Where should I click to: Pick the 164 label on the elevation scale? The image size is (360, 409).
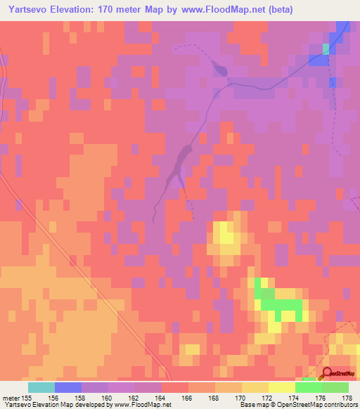pyautogui.click(x=160, y=398)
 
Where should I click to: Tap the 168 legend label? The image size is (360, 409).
pyautogui.click(x=213, y=398)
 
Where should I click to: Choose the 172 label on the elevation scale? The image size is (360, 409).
pyautogui.click(x=266, y=398)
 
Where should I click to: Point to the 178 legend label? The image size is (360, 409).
pyautogui.click(x=347, y=398)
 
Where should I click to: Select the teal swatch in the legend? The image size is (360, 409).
pyautogui.click(x=41, y=387)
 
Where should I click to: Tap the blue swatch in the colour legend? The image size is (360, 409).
pyautogui.click(x=67, y=387)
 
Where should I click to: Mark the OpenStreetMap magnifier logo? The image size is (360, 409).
pyautogui.click(x=327, y=373)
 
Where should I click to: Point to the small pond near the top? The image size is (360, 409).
pyautogui.click(x=219, y=67)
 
